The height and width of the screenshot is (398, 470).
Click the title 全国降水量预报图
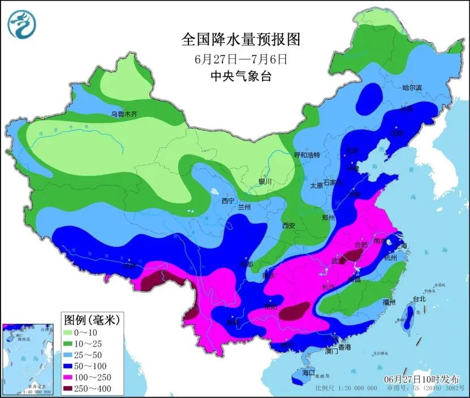coord(240,39)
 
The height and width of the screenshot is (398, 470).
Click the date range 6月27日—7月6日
coord(240,58)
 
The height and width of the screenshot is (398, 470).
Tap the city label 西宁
coord(228,200)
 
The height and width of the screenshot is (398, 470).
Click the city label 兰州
coord(244,208)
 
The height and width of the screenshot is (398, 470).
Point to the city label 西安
coord(289,225)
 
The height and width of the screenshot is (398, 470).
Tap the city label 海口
coord(308,374)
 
